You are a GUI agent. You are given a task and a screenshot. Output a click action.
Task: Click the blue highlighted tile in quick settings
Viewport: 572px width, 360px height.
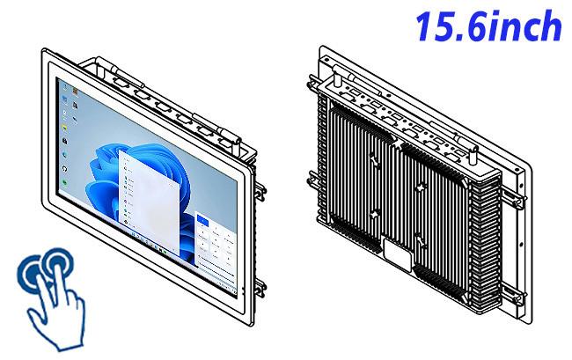(202, 219)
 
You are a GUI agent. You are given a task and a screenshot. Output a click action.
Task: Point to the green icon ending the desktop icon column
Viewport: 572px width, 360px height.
(65, 182)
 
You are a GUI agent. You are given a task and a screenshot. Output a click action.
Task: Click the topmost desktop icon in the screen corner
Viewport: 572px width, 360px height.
(65, 87)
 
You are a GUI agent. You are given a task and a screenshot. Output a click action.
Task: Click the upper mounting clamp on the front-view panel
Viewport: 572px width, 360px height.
(260, 192)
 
